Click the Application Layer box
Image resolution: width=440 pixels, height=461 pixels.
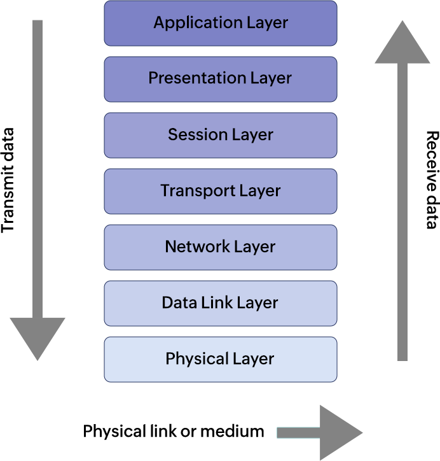click(220, 24)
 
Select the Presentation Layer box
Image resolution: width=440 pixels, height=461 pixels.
click(220, 79)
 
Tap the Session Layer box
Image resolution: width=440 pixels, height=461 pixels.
click(220, 135)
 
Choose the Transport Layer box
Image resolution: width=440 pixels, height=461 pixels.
click(220, 191)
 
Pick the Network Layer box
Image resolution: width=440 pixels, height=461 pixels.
click(220, 247)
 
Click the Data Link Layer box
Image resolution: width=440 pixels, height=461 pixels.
click(220, 303)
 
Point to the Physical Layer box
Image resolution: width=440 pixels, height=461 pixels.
click(220, 359)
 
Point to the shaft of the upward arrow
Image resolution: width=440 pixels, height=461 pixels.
click(402, 210)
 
